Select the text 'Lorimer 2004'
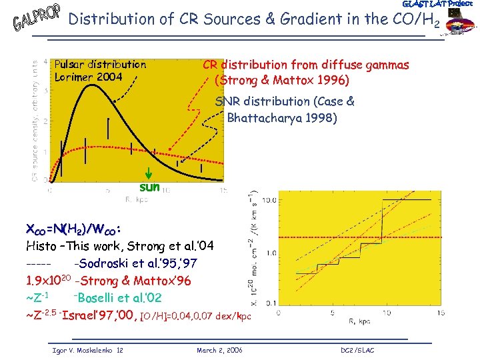pyautogui.click(x=89, y=77)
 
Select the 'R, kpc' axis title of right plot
pyautogui.click(x=360, y=321)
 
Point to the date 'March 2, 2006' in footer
pyautogui.click(x=220, y=350)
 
